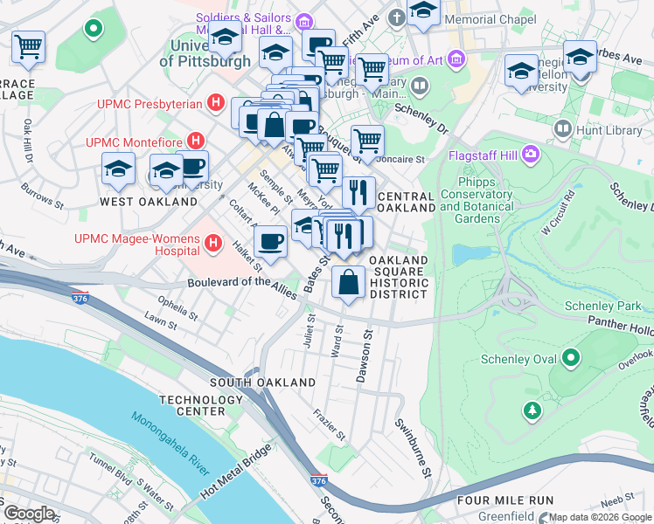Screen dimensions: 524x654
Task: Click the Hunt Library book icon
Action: tap(561, 129)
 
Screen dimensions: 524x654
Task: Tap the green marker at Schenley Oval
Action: tap(571, 357)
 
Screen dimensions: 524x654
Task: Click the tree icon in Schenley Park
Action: tap(531, 410)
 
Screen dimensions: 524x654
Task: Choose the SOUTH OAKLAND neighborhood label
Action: tap(262, 383)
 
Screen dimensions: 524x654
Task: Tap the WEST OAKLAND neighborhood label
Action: tap(149, 201)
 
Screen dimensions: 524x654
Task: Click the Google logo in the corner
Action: tap(29, 514)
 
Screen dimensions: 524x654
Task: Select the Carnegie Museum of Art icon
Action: tap(456, 59)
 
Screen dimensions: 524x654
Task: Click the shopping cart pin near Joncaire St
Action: tap(367, 141)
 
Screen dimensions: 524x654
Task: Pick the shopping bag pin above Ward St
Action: tap(349, 282)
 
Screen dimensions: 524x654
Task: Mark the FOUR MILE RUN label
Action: tap(504, 500)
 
